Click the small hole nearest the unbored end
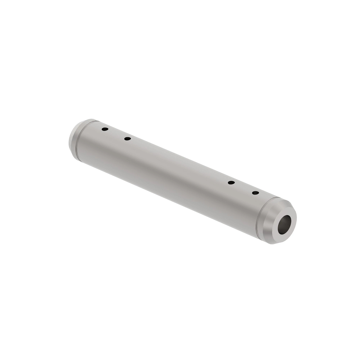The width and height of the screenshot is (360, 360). coord(105,129)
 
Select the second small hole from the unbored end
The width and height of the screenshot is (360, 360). coord(127,139)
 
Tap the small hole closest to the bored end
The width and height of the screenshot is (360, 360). coord(255,193)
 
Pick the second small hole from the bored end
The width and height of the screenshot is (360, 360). coord(231,183)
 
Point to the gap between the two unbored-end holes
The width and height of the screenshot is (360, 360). coord(116,134)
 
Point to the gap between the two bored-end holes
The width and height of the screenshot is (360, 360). coord(243,188)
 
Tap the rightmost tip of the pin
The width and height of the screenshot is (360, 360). coord(296,215)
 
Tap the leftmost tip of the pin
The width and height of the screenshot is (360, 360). coord(69,141)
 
